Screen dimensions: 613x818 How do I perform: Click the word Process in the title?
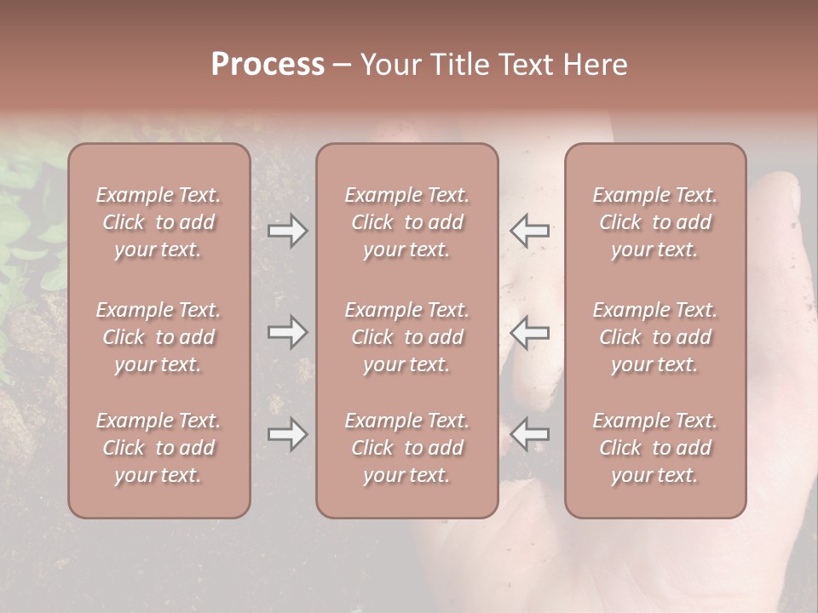(x=268, y=65)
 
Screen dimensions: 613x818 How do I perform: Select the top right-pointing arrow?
(x=287, y=231)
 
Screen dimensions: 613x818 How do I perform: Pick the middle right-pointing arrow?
(x=287, y=332)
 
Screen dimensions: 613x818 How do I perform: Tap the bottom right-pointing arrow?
(x=287, y=435)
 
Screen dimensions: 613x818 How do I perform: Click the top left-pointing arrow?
(x=529, y=231)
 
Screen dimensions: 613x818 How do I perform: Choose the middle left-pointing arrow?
(x=529, y=332)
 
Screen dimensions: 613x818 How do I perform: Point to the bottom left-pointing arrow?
(x=529, y=435)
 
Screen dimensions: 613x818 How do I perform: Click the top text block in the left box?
(x=158, y=222)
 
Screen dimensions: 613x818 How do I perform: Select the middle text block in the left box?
(x=158, y=337)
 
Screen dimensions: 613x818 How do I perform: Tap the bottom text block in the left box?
(x=158, y=448)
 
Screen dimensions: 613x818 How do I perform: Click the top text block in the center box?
(x=407, y=222)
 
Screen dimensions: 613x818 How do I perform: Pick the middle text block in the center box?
(x=407, y=337)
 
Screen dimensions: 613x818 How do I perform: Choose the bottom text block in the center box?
(x=407, y=448)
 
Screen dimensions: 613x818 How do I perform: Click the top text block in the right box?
(x=655, y=222)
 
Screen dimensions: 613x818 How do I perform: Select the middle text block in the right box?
(x=655, y=337)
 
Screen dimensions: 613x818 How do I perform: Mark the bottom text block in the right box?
(x=655, y=448)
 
